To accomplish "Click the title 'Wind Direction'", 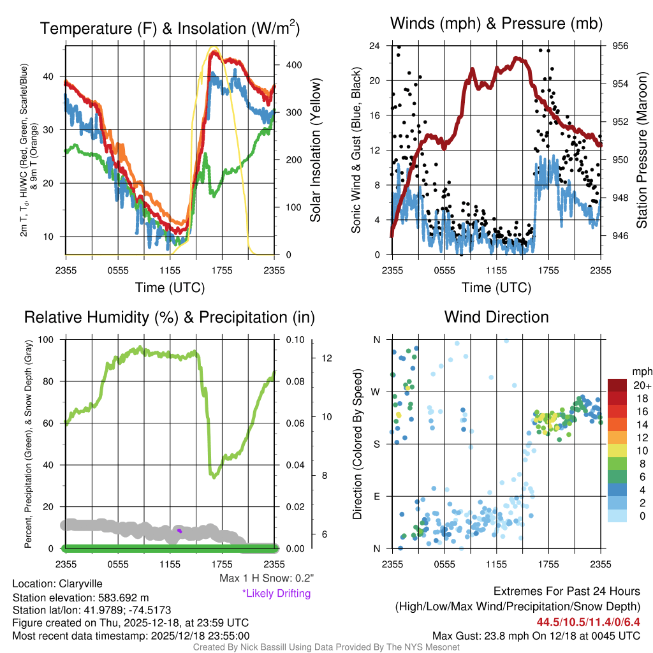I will [x=496, y=317].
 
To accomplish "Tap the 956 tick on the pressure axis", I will [x=621, y=46].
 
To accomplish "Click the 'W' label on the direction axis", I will [x=376, y=392].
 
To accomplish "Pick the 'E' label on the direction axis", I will [x=377, y=496].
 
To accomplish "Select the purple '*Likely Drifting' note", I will [x=276, y=594].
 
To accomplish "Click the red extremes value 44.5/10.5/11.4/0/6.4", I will [x=589, y=622].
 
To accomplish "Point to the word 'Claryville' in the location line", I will [x=80, y=583].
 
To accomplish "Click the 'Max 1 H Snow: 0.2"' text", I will [x=266, y=578].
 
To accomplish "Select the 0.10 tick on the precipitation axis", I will [x=294, y=339].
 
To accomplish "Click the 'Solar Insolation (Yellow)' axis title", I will [x=315, y=150].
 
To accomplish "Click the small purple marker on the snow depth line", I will [x=179, y=530].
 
